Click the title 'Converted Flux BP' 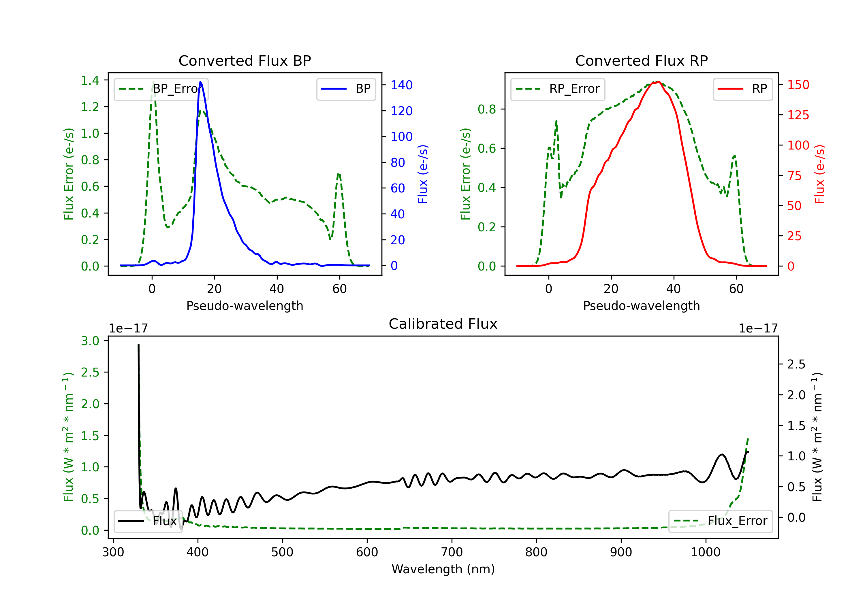[245, 60]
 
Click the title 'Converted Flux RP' [641, 60]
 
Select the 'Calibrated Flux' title [443, 324]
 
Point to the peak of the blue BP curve [200, 82]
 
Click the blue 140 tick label [402, 85]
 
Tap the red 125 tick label [798, 115]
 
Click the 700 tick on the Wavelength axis [452, 552]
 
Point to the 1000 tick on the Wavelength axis [706, 552]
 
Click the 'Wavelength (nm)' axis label [443, 569]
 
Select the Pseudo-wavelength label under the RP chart [641, 306]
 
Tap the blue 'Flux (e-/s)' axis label [423, 174]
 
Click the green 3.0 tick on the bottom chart [90, 341]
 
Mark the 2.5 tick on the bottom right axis [796, 364]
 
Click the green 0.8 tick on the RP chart [487, 109]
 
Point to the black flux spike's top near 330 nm [138, 345]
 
